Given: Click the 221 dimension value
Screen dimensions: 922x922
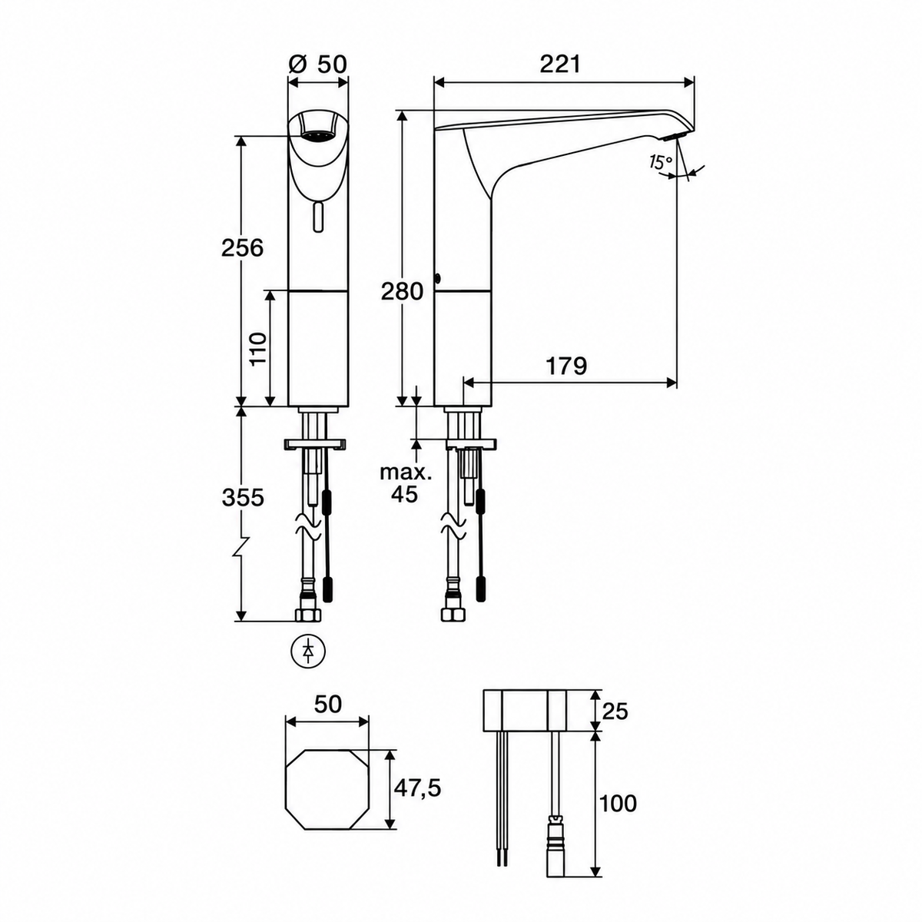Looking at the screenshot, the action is point(559,64).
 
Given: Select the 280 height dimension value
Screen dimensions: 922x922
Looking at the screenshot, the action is point(402,291).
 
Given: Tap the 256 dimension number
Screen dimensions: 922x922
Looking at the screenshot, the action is point(243,248).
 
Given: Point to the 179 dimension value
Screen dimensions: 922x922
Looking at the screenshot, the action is point(566,366).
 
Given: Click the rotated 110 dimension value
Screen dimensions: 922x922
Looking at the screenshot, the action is point(258,348).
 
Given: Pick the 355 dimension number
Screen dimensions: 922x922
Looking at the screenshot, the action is point(243,498).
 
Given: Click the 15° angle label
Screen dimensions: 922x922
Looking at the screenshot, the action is point(660,162).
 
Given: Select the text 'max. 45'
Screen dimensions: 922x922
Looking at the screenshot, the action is point(406,483).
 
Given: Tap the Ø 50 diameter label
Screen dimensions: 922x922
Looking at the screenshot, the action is point(317,64).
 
